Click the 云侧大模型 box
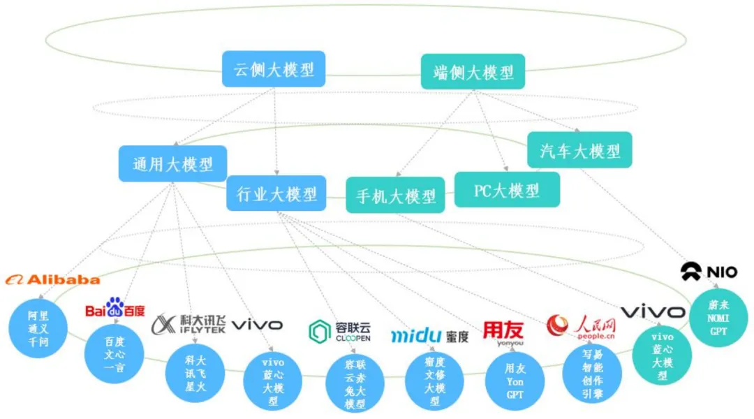[x=274, y=69]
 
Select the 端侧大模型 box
[x=473, y=72]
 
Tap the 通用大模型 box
[x=172, y=164]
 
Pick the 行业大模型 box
[x=276, y=193]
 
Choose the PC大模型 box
[x=507, y=189]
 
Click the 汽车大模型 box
[x=579, y=150]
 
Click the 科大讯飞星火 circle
[x=195, y=372]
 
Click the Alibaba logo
[x=53, y=279]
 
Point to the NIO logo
[x=709, y=272]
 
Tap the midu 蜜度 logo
[x=429, y=336]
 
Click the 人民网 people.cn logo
[x=581, y=325]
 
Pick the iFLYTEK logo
[x=188, y=325]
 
